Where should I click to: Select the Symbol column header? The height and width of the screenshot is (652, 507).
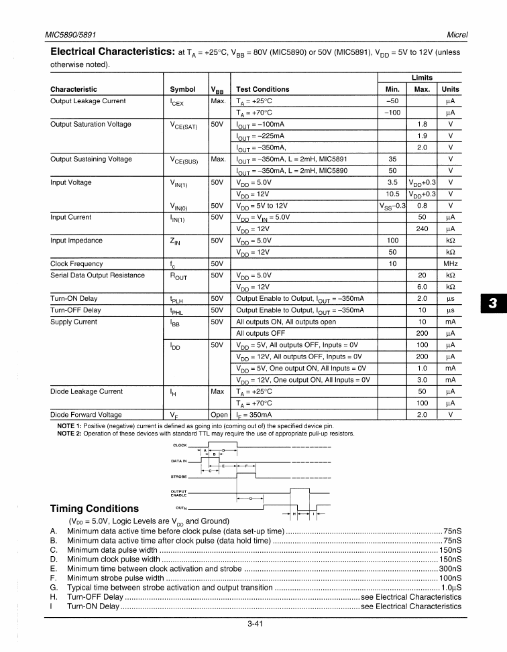tap(183, 89)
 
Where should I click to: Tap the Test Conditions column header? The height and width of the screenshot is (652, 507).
tap(263, 89)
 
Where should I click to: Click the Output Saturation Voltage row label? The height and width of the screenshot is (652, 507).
tap(91, 124)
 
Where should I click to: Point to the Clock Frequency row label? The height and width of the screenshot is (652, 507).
tap(76, 263)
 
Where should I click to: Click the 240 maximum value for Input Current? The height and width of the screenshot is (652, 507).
tap(422, 229)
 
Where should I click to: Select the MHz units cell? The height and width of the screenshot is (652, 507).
tap(451, 263)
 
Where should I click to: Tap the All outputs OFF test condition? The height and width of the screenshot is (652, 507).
tap(261, 333)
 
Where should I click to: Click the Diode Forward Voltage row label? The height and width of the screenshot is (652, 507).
tap(86, 414)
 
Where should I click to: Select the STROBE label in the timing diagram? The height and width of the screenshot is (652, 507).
tap(179, 478)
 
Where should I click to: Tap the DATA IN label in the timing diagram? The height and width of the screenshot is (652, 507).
tap(179, 461)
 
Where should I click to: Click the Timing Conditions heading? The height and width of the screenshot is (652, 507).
tap(95, 508)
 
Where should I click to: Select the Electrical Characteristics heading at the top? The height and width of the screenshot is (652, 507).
tap(112, 51)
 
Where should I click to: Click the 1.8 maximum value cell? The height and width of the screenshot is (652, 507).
tap(422, 124)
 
